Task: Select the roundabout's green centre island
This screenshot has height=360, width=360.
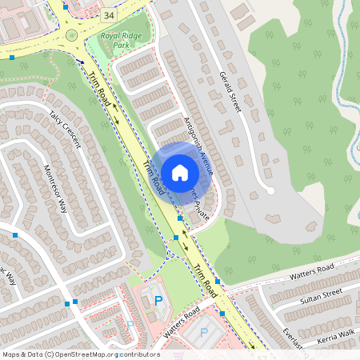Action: (72, 35)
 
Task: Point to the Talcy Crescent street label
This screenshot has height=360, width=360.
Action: (65, 128)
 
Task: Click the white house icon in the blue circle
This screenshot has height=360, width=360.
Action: (180, 173)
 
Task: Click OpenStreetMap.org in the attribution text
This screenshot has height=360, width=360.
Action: (85, 354)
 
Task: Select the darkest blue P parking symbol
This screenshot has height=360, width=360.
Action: (158, 300)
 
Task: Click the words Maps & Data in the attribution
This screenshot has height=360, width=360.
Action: (22, 354)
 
